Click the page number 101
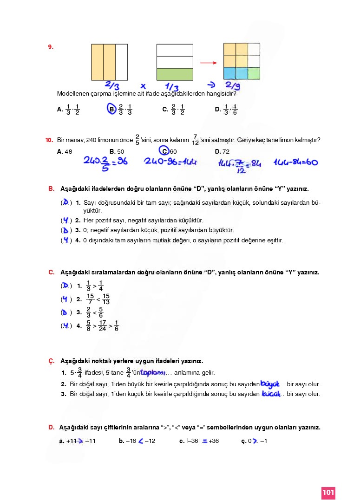click(328, 492)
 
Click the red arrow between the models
click(209, 63)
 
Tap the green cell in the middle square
click(175, 74)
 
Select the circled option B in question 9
click(111, 109)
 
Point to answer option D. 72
click(222, 151)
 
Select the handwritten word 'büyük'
click(270, 384)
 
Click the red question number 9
click(51, 47)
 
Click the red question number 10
click(49, 140)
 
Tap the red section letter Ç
click(51, 361)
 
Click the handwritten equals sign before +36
click(204, 441)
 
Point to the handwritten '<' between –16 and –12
click(140, 441)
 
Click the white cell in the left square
click(121, 62)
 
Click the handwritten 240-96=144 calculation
click(170, 162)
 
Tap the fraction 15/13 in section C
click(106, 299)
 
